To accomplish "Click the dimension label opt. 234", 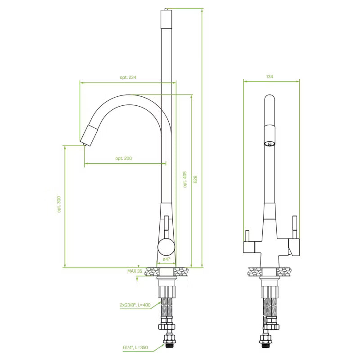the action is pyautogui.click(x=128, y=77).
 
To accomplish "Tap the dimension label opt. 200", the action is pyautogui.click(x=123, y=158).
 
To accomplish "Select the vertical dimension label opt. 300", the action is pyautogui.click(x=59, y=204).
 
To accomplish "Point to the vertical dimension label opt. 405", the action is pyautogui.click(x=185, y=179).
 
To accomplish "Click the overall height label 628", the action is pyautogui.click(x=195, y=179).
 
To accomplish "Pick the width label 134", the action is pyautogui.click(x=270, y=76).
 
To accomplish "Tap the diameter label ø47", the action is pyautogui.click(x=166, y=259).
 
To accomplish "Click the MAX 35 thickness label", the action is pyautogui.click(x=135, y=271).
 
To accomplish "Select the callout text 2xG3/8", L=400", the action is pyautogui.click(x=135, y=305).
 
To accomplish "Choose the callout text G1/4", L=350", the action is pyautogui.click(x=135, y=347).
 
